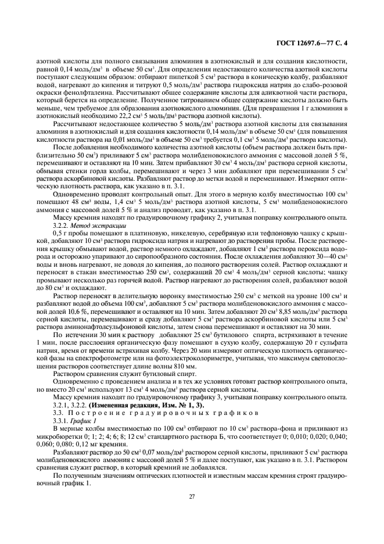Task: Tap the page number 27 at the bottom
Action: point(191,496)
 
